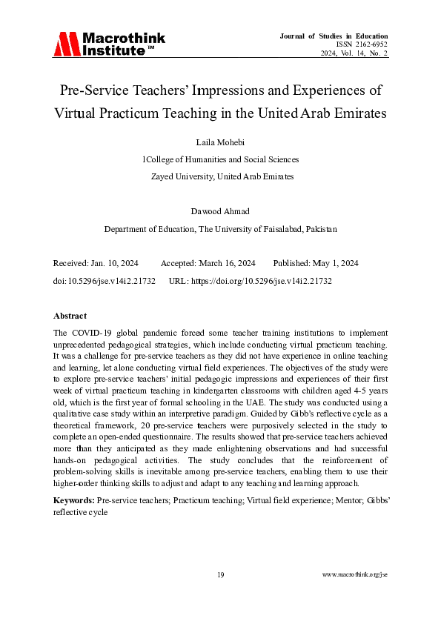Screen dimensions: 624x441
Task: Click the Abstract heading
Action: coord(70,315)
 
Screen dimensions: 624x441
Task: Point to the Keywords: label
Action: coord(74,500)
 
